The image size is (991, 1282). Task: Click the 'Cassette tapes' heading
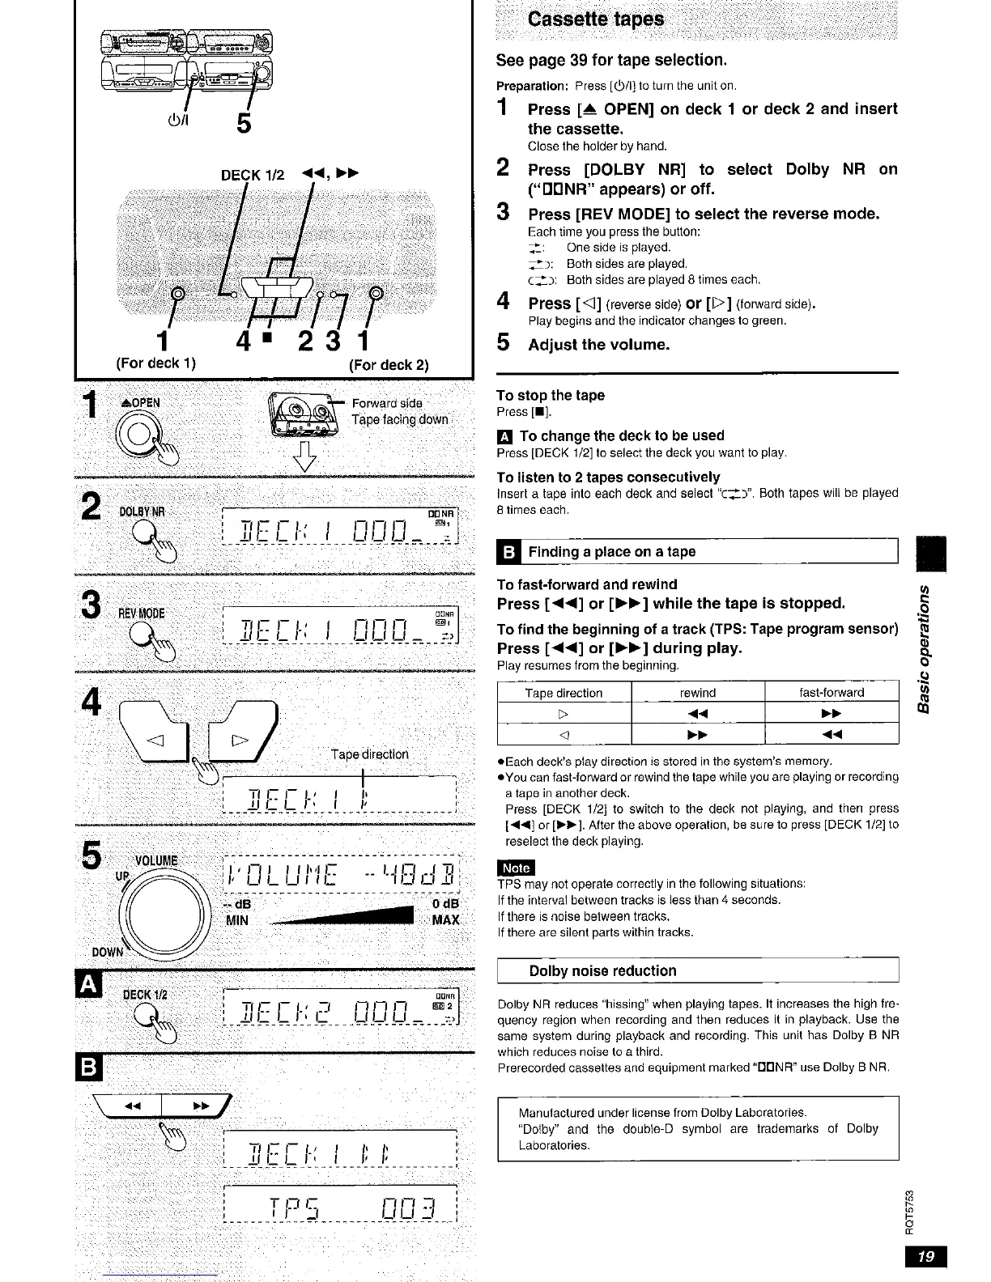coord(595,19)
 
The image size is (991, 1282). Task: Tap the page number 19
coord(926,1256)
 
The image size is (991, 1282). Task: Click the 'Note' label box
coord(516,868)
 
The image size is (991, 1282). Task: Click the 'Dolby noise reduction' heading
coord(602,971)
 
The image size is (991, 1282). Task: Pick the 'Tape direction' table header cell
coord(564,693)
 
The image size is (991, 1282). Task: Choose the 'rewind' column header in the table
coord(698,693)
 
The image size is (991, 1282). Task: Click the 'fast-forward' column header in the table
coord(832,693)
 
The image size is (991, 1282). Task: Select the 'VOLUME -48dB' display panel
coord(340,875)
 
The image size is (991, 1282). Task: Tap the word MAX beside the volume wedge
coord(445,920)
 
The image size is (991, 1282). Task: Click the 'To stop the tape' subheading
coord(551,396)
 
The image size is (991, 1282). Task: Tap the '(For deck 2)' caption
coord(389,364)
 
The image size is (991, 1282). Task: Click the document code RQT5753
coord(911,1206)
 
